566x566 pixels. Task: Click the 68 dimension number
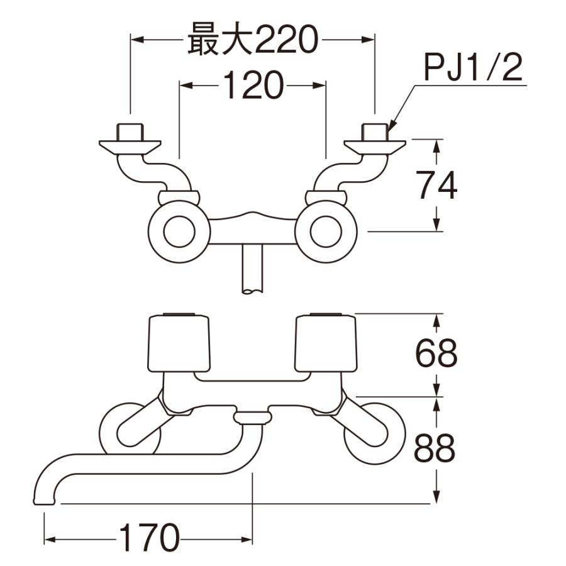tap(436, 354)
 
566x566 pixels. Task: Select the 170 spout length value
tap(148, 539)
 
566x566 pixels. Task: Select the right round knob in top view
tap(326, 233)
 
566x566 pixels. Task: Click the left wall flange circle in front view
tap(129, 429)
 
